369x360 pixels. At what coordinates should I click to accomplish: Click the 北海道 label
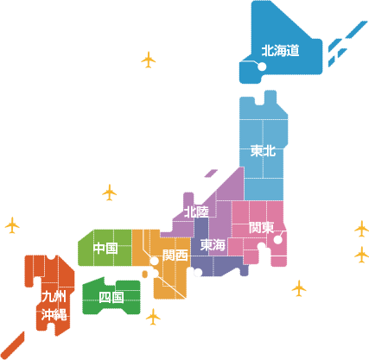point(280,51)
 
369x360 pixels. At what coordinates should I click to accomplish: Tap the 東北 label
point(263,151)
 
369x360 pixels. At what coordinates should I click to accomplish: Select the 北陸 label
point(196,212)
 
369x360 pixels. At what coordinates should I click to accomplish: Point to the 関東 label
point(262,227)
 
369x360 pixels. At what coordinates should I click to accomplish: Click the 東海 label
point(213,245)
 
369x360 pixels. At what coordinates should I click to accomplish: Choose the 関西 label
point(175,255)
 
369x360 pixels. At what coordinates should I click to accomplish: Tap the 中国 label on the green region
point(105,248)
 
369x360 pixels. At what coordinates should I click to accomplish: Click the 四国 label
point(111,297)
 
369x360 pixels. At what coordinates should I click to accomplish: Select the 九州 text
point(54,296)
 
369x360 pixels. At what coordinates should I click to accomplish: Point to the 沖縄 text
point(54,315)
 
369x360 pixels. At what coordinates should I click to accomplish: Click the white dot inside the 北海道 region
point(262,66)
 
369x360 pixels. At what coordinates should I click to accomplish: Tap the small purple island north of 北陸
point(211,173)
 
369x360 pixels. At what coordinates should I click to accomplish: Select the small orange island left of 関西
point(145,275)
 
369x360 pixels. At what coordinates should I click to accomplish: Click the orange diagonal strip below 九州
point(12,345)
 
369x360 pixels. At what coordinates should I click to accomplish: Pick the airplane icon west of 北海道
point(149,60)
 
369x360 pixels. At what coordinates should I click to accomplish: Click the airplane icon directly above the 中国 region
point(110,193)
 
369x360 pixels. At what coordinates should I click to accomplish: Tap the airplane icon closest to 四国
point(153,317)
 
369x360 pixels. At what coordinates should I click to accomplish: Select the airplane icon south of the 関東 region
point(299,288)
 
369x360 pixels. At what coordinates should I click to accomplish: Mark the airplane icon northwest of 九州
point(12,225)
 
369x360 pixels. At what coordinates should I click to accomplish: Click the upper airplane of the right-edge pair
point(362,229)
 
